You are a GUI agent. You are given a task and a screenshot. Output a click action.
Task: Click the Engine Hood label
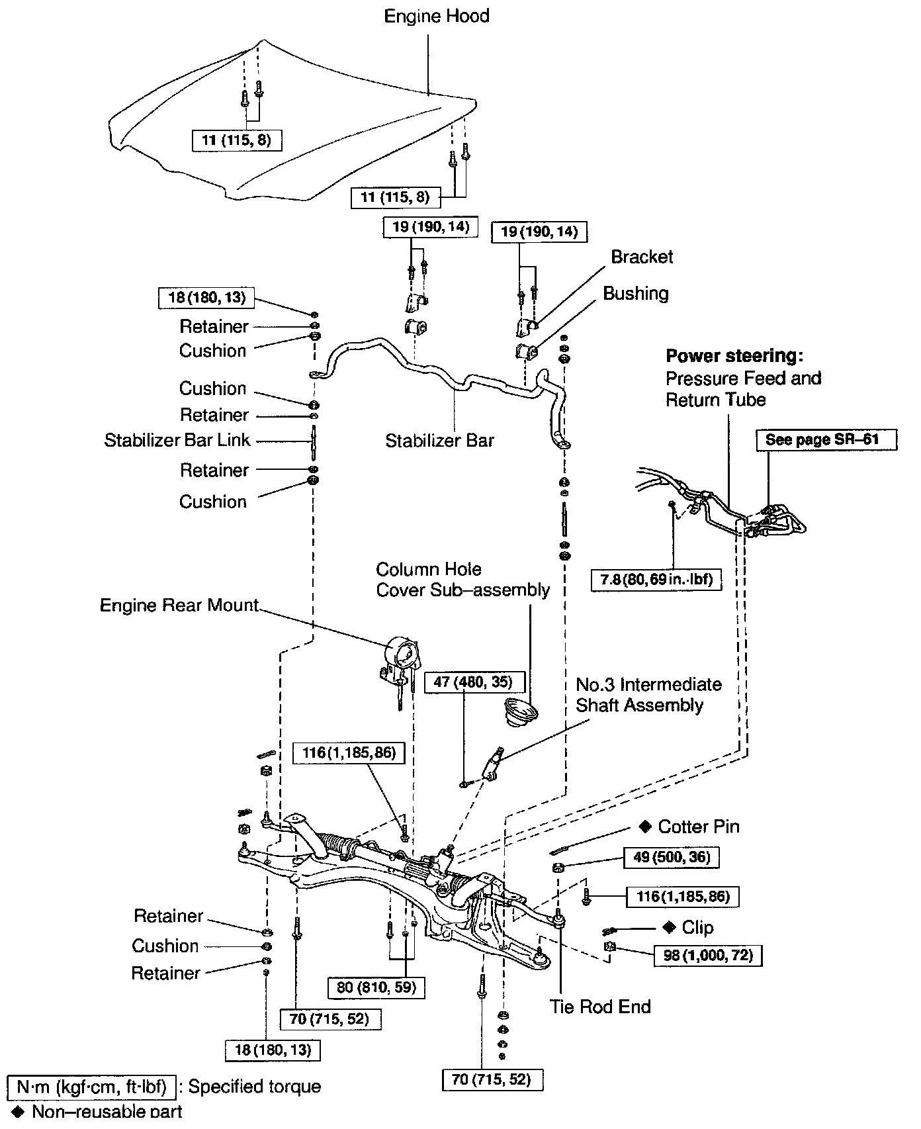pyautogui.click(x=437, y=16)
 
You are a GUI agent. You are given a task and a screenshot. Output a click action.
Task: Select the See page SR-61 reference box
pyautogui.click(x=826, y=439)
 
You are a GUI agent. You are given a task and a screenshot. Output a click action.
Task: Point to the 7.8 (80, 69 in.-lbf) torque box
pyautogui.click(x=656, y=580)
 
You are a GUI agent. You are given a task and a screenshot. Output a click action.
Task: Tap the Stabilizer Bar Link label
pyautogui.click(x=177, y=440)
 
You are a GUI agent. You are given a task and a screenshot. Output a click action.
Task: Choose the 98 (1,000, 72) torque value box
pyautogui.click(x=707, y=956)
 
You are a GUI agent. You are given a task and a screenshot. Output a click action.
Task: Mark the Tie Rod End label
pyautogui.click(x=600, y=1007)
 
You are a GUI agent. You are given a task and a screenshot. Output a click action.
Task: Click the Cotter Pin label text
pyautogui.click(x=699, y=827)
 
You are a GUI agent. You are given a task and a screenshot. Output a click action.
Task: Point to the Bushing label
pyautogui.click(x=636, y=293)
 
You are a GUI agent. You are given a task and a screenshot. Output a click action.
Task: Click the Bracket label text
pyautogui.click(x=642, y=257)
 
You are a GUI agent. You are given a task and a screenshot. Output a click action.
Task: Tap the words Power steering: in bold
pyautogui.click(x=734, y=356)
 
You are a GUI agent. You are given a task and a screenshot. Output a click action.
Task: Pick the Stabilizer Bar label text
pyautogui.click(x=440, y=440)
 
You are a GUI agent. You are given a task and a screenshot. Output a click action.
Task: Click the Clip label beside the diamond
pyautogui.click(x=697, y=927)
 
